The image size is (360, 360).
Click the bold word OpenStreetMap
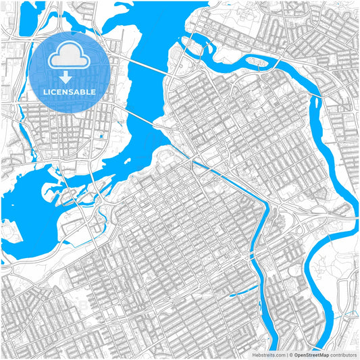311,354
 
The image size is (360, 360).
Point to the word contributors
343,354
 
